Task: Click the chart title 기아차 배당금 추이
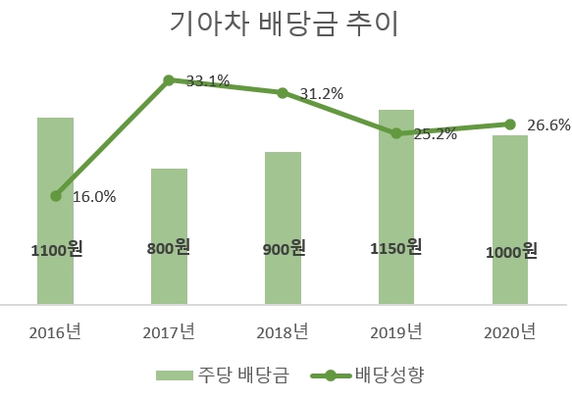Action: click(285, 25)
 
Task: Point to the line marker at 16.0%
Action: click(56, 196)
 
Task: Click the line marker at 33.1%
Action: click(169, 80)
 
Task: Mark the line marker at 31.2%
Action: click(283, 93)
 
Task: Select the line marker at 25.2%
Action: click(396, 133)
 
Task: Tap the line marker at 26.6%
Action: click(510, 125)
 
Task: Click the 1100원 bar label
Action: click(56, 250)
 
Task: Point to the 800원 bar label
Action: click(169, 249)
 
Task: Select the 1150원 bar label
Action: click(396, 248)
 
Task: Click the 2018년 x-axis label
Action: click(283, 331)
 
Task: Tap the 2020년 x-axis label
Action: click(510, 331)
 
